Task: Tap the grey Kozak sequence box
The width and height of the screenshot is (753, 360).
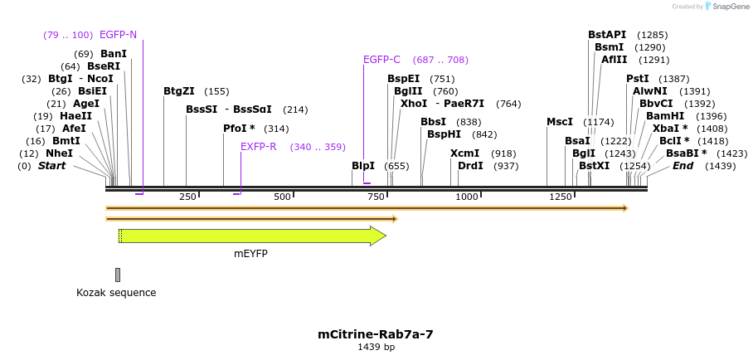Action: [x=118, y=275]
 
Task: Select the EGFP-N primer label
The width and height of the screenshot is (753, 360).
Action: [x=118, y=35]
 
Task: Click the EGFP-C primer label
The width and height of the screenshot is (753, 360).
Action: [x=381, y=60]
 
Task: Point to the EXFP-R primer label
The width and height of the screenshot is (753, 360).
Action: [x=258, y=147]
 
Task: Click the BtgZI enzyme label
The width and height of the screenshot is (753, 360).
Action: [x=179, y=91]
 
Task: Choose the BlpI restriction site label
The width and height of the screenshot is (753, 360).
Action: [x=363, y=166]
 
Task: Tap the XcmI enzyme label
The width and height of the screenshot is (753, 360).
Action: [x=464, y=153]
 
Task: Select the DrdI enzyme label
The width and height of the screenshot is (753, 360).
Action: [x=470, y=166]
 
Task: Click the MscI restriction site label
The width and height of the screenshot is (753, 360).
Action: [x=559, y=122]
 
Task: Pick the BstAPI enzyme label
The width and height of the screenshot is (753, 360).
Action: [x=607, y=35]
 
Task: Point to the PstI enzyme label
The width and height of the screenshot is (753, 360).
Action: [x=637, y=79]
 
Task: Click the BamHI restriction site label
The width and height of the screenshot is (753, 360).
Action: [x=665, y=116]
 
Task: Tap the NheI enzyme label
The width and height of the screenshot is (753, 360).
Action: [x=59, y=153]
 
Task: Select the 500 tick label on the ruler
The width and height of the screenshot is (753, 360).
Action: [x=283, y=197]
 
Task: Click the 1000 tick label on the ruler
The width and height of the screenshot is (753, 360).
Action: [x=467, y=197]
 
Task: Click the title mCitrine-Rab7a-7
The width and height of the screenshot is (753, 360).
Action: [x=376, y=334]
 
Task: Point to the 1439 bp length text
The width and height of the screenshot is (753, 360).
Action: [x=376, y=347]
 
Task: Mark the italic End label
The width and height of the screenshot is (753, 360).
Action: [x=683, y=166]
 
